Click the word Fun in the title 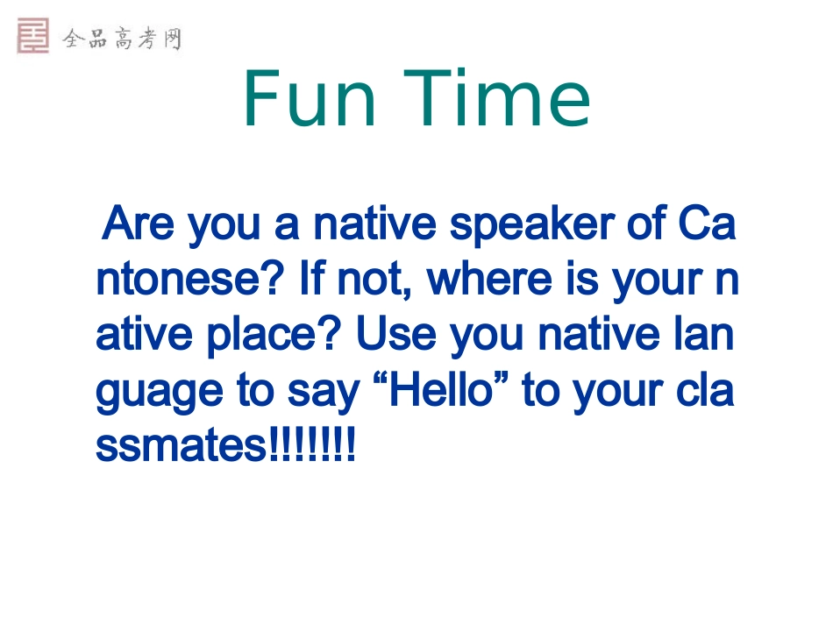coord(310,99)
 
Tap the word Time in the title coord(496,99)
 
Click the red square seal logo coord(33,36)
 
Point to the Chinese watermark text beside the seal coord(122,39)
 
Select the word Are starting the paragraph coord(139,224)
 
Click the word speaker coord(531,225)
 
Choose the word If coord(312,278)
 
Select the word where coord(489,278)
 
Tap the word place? coord(273,337)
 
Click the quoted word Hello coord(441,389)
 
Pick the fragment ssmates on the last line coord(181,446)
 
